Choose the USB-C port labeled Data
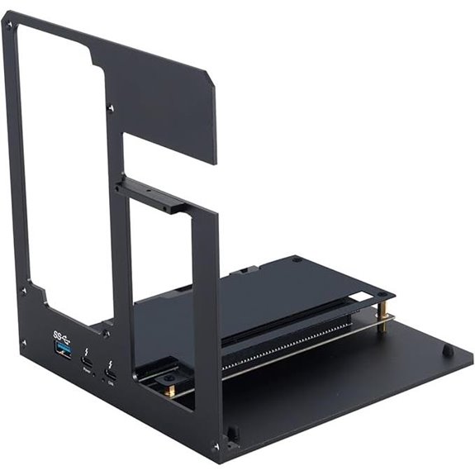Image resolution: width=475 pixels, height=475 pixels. (x=111, y=378)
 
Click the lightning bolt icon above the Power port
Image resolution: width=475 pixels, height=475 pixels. (x=86, y=350)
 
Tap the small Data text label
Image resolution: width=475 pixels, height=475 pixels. (x=112, y=387)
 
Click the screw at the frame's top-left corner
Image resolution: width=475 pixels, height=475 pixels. (x=10, y=25)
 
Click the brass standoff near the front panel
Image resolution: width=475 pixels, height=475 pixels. (x=169, y=388)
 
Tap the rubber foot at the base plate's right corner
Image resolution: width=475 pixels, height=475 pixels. (x=447, y=350)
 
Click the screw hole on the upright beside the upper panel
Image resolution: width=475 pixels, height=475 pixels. (x=111, y=108)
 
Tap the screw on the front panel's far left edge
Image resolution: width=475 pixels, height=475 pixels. (x=23, y=290)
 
